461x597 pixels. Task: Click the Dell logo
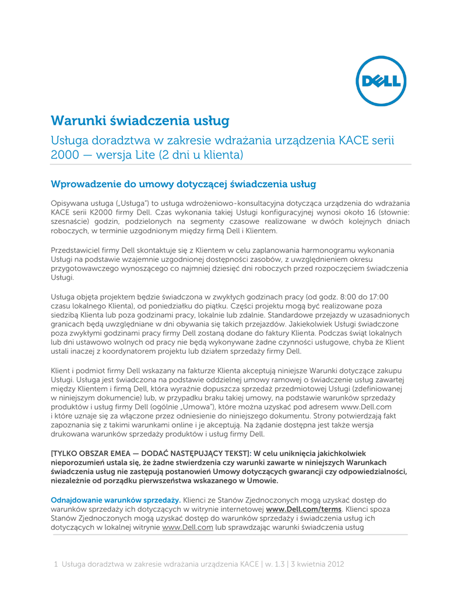point(381,82)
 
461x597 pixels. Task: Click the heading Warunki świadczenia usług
point(140,121)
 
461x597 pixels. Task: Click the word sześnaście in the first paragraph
point(71,222)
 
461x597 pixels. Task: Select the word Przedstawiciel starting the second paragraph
point(77,250)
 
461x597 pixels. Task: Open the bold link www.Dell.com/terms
point(303,509)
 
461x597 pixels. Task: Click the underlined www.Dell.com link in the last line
point(187,528)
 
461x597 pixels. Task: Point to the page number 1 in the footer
point(55,564)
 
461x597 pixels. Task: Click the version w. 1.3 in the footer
point(275,564)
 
